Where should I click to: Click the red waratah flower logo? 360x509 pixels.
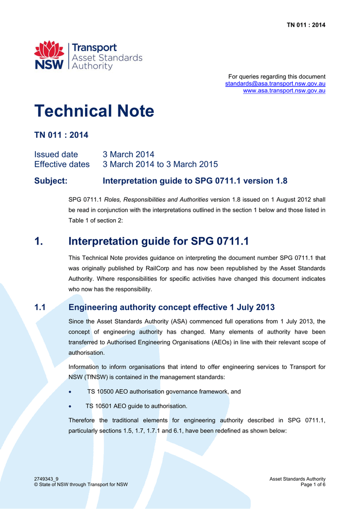pos(49,50)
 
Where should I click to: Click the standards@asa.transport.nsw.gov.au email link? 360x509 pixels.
pos(275,84)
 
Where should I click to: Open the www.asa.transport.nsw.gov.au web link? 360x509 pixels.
pos(284,90)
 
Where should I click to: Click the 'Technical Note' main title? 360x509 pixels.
pos(94,111)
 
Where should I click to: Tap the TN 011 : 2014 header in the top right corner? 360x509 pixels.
pos(306,25)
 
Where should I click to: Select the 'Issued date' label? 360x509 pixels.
pos(56,154)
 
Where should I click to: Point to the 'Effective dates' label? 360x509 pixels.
pos(62,164)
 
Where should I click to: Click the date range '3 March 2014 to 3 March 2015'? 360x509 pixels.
pos(160,164)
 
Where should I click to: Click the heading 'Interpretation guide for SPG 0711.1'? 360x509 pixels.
pos(158,242)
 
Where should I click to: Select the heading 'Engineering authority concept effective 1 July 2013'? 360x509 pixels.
pos(172,307)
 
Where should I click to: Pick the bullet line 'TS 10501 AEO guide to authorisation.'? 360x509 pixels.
pos(136,406)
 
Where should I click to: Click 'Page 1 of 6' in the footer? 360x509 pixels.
pos(313,485)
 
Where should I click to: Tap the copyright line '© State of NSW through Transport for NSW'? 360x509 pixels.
pos(81,485)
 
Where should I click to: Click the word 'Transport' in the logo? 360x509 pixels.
pos(94,48)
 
